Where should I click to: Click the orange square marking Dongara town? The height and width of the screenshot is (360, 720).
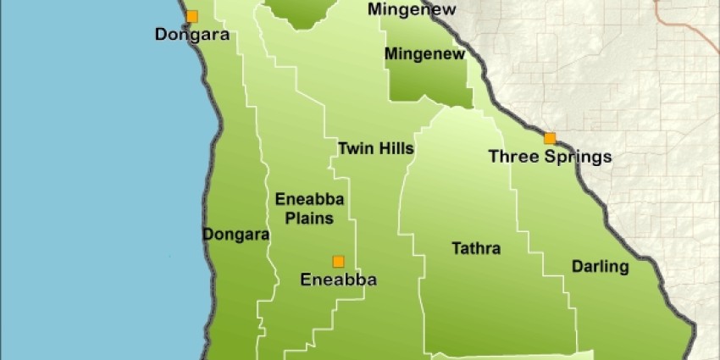point(192,15)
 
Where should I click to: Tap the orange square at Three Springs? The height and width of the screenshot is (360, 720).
point(550,138)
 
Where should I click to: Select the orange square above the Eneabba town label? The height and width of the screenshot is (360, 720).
point(338,261)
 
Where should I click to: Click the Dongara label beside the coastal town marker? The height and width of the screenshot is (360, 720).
point(192,35)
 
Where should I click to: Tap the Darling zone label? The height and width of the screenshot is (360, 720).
point(600,267)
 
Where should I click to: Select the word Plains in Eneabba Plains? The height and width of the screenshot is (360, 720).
point(304,218)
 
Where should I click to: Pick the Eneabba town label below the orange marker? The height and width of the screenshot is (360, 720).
point(339,280)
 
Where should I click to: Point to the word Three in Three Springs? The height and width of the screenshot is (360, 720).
point(511,157)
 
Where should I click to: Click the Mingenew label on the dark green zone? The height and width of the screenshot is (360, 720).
point(425,55)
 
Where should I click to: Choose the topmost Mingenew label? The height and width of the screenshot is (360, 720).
point(412,10)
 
